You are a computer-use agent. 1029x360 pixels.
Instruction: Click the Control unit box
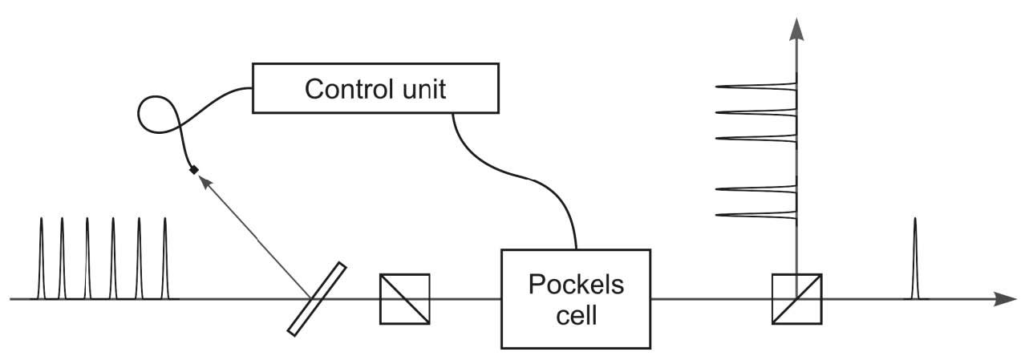[375, 88]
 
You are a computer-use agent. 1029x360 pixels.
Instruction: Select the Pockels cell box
[575, 298]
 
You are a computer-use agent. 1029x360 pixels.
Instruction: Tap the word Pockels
[575, 285]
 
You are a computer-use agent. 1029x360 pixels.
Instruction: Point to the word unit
[423, 88]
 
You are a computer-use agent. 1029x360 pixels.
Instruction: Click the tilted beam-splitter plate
[317, 297]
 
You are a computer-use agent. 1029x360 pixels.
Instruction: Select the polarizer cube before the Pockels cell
[404, 299]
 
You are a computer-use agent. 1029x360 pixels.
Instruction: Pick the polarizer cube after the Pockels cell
[796, 299]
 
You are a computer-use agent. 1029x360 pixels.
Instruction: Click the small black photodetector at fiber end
[193, 169]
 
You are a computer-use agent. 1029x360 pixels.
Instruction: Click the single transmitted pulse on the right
[915, 265]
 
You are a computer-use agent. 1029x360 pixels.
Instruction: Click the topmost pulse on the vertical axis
[762, 87]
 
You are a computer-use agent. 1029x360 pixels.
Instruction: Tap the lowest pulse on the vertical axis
[762, 215]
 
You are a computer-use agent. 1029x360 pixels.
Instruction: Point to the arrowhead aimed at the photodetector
[206, 184]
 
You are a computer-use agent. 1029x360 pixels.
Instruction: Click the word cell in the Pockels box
[575, 314]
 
